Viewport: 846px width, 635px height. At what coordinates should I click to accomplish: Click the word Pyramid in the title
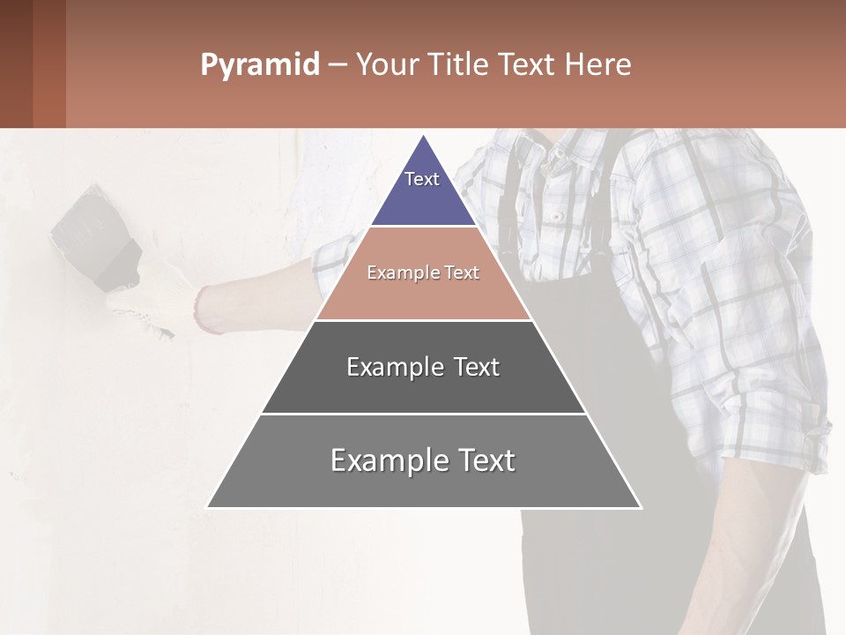pos(259,65)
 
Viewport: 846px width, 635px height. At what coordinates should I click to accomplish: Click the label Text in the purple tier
pos(422,179)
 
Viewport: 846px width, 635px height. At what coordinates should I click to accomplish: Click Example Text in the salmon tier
pos(423,273)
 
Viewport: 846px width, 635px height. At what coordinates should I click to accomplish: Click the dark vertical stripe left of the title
pos(49,63)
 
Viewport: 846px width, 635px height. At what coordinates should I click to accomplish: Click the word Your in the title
pos(386,65)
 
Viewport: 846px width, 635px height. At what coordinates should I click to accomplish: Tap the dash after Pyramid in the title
pos(338,65)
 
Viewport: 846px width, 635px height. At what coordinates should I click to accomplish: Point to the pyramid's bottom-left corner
pos(208,507)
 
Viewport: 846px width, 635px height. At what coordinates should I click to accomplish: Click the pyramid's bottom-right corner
pos(641,507)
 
